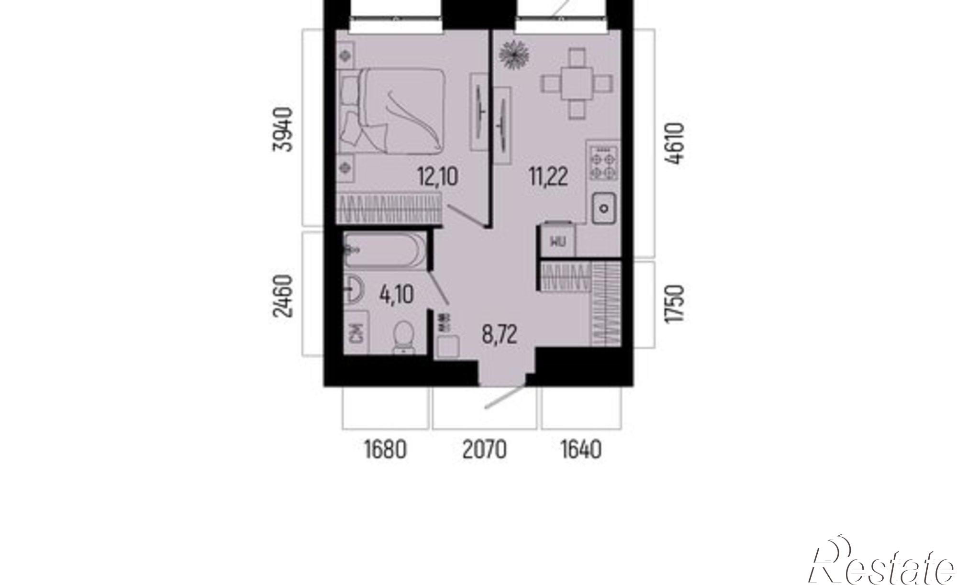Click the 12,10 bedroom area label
point(438,177)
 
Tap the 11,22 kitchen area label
point(548,177)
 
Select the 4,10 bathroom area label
point(397,294)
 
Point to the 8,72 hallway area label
point(500,335)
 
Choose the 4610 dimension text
point(675,143)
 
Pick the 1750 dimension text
point(675,304)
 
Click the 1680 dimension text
point(386,450)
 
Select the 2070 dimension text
point(485,450)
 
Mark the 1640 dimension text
point(581,450)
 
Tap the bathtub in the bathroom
point(385,251)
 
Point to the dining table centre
point(577,85)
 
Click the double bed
point(391,111)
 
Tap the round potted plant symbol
point(514,54)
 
